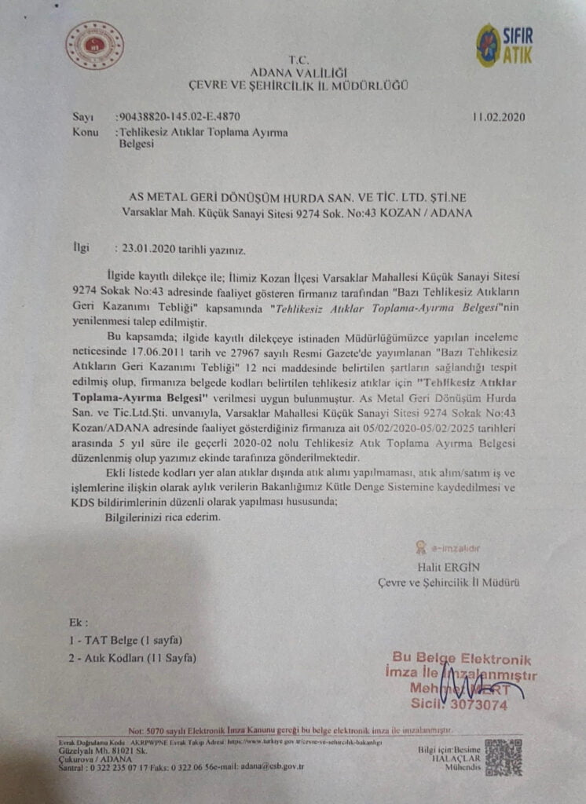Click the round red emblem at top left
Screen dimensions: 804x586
tap(95, 46)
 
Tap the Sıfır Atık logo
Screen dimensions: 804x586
tap(504, 45)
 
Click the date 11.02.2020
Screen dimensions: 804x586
tap(499, 118)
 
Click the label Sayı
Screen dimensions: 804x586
tap(82, 118)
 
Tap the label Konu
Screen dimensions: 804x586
tap(86, 132)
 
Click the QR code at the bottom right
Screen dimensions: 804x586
tap(504, 758)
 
